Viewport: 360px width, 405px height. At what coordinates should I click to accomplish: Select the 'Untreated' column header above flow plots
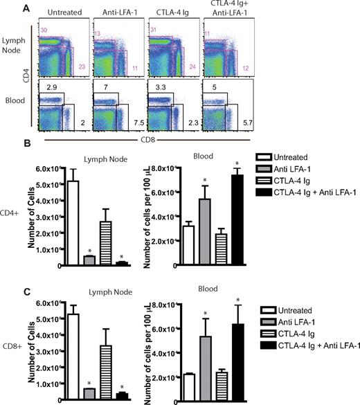pyautogui.click(x=62, y=13)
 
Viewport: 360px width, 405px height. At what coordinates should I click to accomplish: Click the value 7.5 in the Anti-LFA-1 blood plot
pyautogui.click(x=136, y=125)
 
